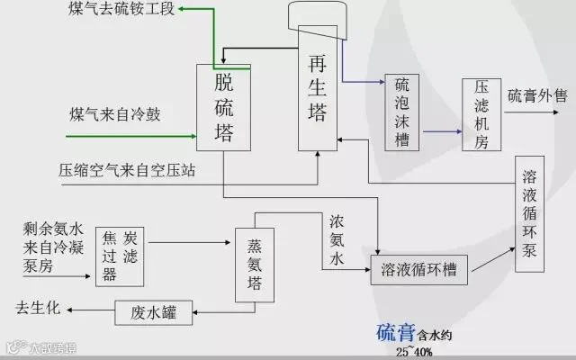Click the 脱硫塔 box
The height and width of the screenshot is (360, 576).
(224, 108)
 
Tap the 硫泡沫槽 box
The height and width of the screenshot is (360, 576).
(402, 112)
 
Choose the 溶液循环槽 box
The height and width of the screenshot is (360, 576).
(419, 269)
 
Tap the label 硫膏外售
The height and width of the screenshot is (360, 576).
(537, 95)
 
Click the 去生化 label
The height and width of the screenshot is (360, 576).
(37, 308)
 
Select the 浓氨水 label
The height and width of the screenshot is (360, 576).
(336, 238)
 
